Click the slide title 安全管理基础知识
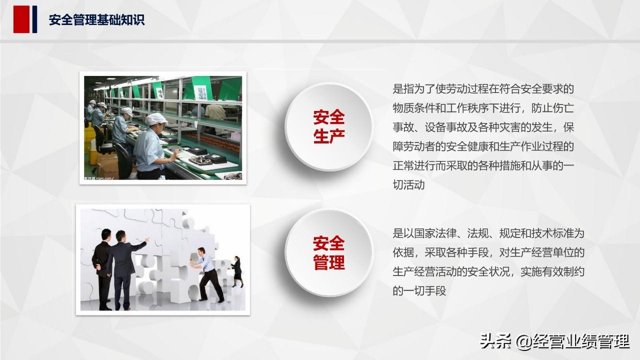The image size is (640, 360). click(96, 20)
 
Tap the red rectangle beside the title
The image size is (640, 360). click(21, 19)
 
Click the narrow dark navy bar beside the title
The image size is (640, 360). click(34, 19)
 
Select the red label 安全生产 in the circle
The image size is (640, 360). click(329, 126)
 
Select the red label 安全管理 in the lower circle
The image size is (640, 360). click(329, 252)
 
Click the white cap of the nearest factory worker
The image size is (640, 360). click(155, 118)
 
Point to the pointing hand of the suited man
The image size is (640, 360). click(147, 239)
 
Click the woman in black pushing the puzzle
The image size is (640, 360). click(237, 271)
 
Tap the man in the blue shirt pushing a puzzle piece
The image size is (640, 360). click(206, 274)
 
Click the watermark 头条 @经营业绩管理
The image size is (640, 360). click(554, 341)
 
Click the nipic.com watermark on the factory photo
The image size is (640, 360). click(99, 178)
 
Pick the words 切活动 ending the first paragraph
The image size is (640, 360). click(408, 185)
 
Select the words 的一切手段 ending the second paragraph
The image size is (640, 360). click(419, 291)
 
